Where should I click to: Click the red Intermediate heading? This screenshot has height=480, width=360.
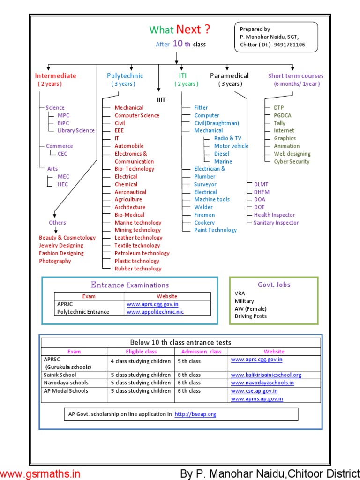click(x=55, y=76)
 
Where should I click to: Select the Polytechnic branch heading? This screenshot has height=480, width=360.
click(x=125, y=76)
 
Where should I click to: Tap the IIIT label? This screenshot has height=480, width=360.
click(x=161, y=99)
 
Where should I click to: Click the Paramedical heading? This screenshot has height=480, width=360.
click(x=229, y=76)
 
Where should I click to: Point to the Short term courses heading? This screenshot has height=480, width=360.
click(x=296, y=76)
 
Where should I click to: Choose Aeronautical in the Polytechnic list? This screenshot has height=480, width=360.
click(x=130, y=192)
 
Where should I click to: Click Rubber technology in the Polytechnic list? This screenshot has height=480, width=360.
click(x=138, y=269)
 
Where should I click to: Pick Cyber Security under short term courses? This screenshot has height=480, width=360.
click(x=292, y=161)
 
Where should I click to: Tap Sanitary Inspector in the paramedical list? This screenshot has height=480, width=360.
click(x=276, y=223)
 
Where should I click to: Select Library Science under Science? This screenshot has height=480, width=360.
click(x=76, y=130)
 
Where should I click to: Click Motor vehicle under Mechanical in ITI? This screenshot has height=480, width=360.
click(x=231, y=146)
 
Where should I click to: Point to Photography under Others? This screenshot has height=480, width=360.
click(x=55, y=261)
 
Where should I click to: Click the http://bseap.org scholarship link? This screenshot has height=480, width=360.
click(x=195, y=414)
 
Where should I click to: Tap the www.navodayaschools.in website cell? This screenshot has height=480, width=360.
click(x=262, y=383)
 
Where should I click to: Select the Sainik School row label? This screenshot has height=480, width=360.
click(x=60, y=375)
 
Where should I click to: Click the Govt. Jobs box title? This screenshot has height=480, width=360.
click(x=274, y=285)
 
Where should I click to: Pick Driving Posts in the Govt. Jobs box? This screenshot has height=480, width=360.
click(x=251, y=316)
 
